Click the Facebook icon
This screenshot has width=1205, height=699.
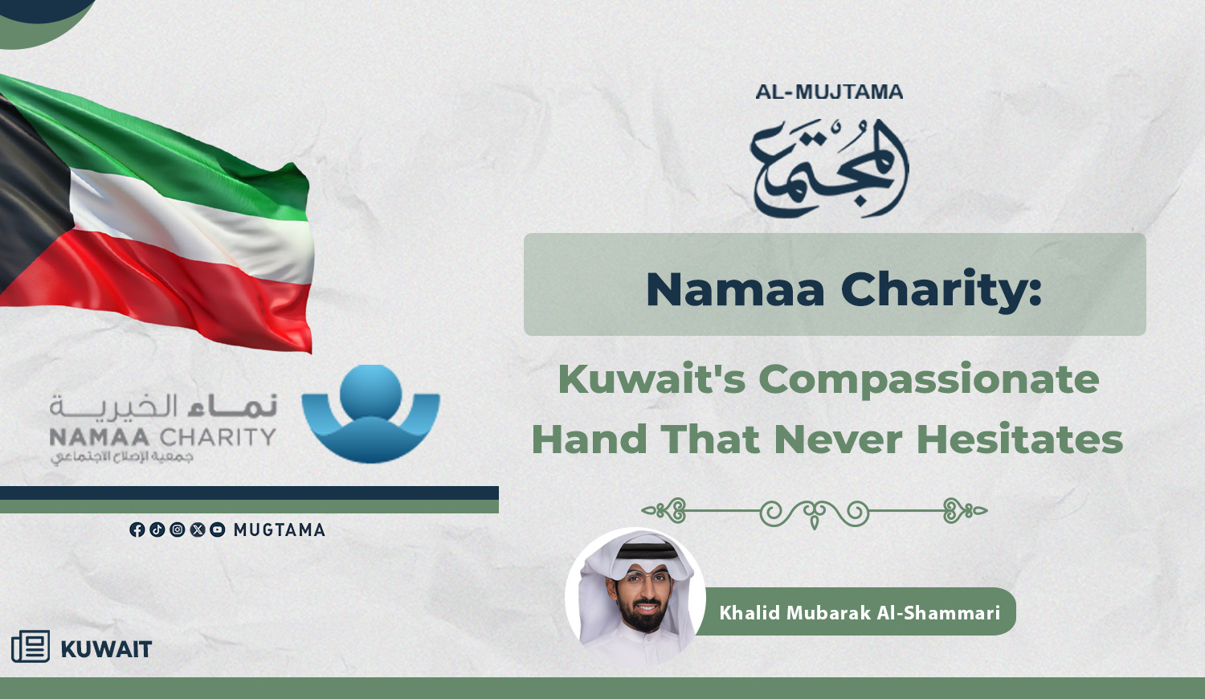click(x=137, y=529)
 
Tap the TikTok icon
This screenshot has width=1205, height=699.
click(x=157, y=529)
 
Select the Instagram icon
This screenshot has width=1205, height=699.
click(x=177, y=529)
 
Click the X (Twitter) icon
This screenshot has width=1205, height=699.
click(x=198, y=529)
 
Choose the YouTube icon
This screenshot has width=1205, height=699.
click(x=218, y=529)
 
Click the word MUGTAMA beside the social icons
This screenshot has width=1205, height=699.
click(x=280, y=530)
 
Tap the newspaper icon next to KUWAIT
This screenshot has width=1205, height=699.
click(x=31, y=646)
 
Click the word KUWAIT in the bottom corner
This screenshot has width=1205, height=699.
click(x=107, y=649)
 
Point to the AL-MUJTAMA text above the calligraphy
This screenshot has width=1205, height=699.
click(x=829, y=92)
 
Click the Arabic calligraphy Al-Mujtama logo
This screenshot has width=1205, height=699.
click(x=830, y=169)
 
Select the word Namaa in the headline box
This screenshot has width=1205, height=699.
click(x=735, y=289)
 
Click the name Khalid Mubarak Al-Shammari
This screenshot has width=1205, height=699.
click(x=860, y=612)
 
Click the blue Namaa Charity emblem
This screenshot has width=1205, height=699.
click(x=370, y=413)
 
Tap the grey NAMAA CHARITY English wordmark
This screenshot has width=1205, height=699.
click(x=162, y=436)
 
